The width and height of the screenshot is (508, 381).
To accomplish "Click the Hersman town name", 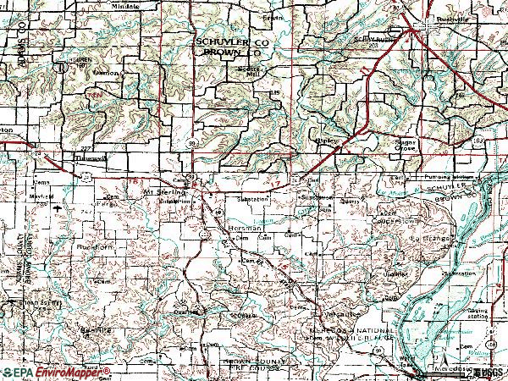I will (240, 229).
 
